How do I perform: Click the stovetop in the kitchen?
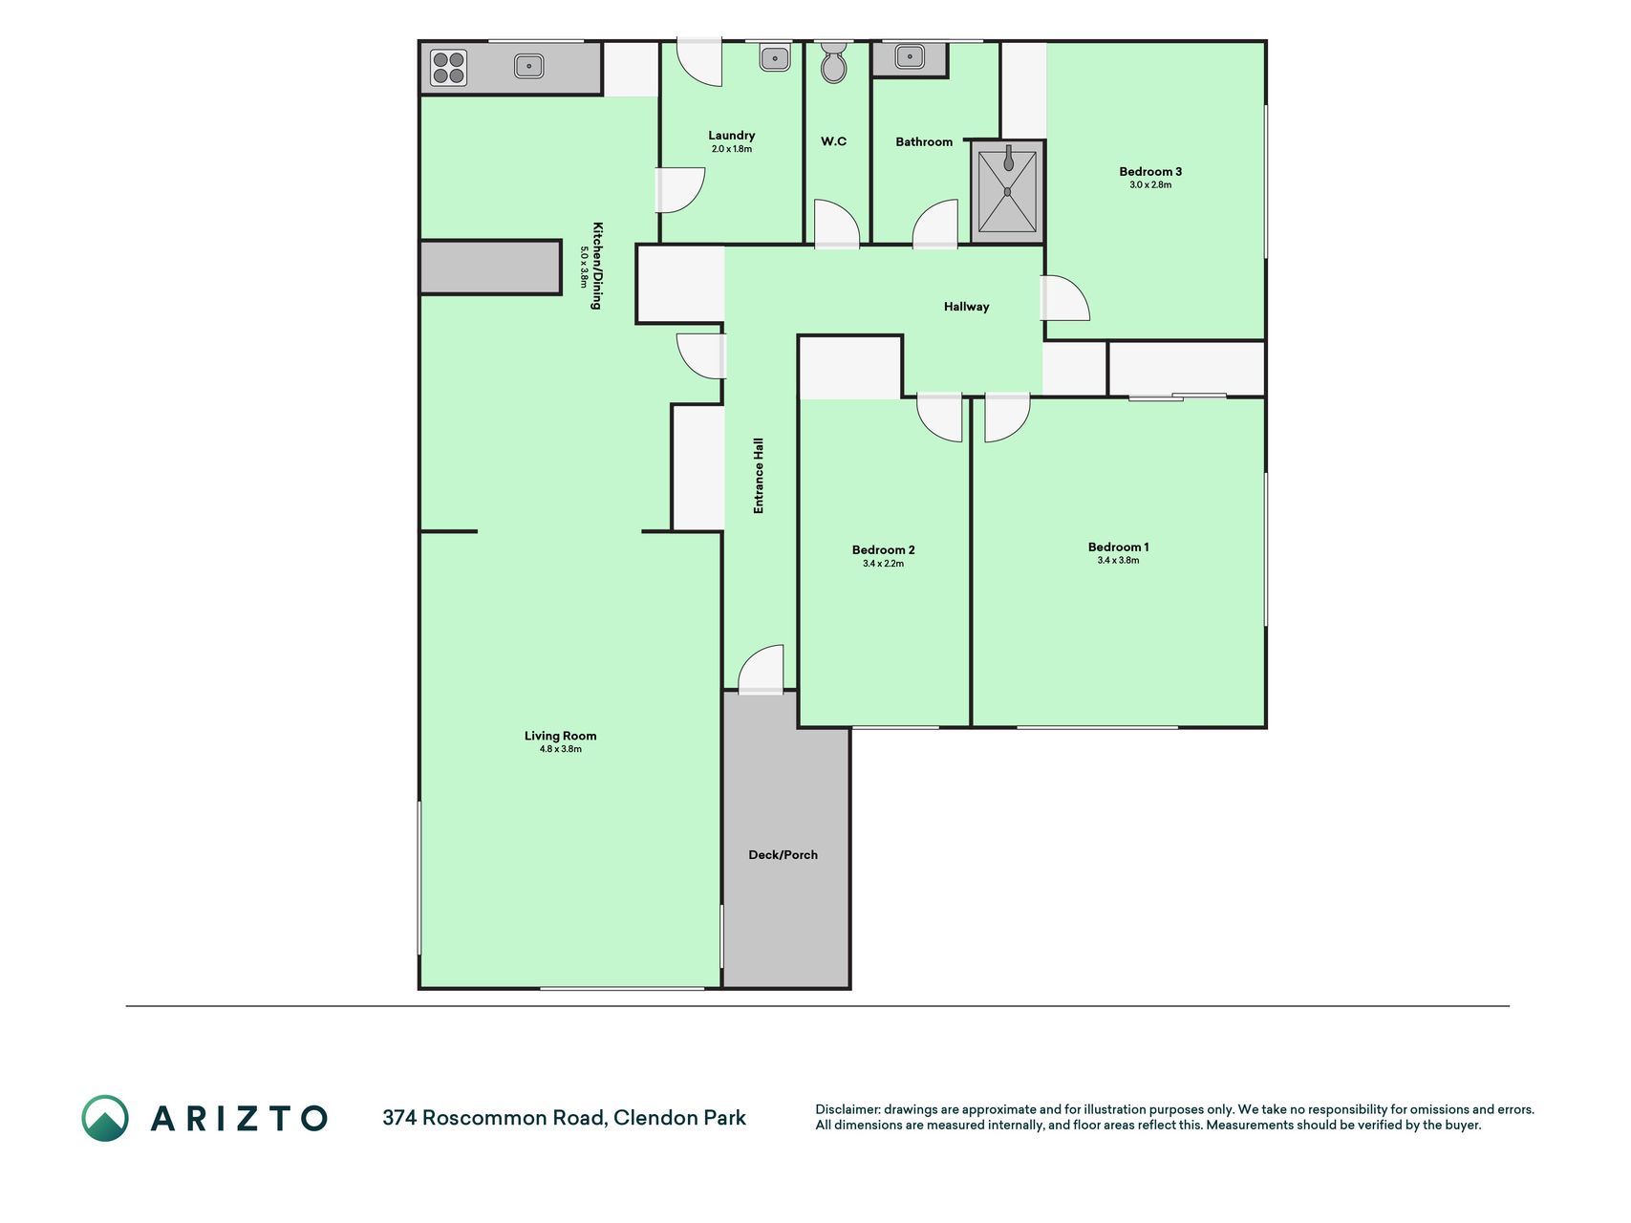coord(448,68)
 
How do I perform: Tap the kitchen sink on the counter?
coord(528,66)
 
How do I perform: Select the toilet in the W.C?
coord(834,62)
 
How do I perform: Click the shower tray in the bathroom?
coord(1007,191)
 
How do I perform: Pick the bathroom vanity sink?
coord(910,57)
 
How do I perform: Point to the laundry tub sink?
coord(774,58)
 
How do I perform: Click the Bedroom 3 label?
coord(1150,172)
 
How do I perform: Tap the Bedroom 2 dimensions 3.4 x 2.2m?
coord(883,564)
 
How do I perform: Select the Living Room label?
coord(560,736)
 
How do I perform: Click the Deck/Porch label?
coord(783,855)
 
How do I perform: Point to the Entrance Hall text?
coord(759,476)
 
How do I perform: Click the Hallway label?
coord(966,307)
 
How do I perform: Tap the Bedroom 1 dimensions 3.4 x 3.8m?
coord(1118,561)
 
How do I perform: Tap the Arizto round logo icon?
coord(105,1118)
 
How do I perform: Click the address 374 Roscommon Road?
coord(494,1118)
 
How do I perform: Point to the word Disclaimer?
coord(847,1109)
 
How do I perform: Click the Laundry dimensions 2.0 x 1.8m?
coord(732,149)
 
